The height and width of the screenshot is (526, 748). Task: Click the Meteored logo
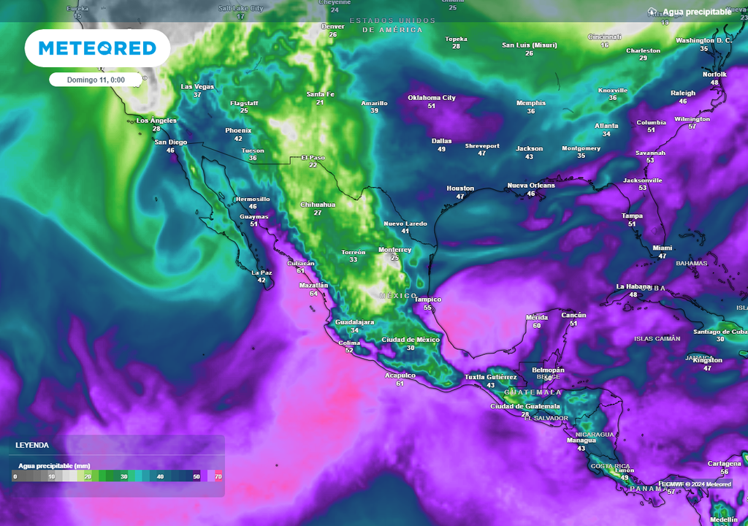tap(97, 48)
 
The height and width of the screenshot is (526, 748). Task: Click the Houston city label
tap(460, 188)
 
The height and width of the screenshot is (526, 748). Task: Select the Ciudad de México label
tap(411, 340)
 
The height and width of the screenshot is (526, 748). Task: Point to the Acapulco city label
tap(400, 376)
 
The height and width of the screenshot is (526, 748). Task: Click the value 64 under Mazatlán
tap(313, 293)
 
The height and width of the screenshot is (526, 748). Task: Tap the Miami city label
tap(663, 248)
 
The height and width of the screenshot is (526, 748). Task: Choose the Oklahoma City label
tap(431, 98)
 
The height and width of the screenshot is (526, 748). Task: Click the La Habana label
tap(633, 286)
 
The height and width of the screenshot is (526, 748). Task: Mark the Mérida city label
tap(537, 318)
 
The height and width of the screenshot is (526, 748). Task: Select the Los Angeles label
tap(156, 121)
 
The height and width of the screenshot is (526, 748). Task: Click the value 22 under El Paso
tap(313, 165)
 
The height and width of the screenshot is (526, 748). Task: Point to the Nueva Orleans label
tap(531, 186)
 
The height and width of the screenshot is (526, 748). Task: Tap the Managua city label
tap(581, 441)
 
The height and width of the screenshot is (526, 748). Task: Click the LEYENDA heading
tap(34, 445)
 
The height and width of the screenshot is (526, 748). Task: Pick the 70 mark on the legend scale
tap(218, 476)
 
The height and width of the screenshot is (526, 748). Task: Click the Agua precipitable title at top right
tap(696, 12)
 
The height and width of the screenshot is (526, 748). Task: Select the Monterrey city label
tap(394, 250)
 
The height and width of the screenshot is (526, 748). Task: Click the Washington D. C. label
tap(703, 40)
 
